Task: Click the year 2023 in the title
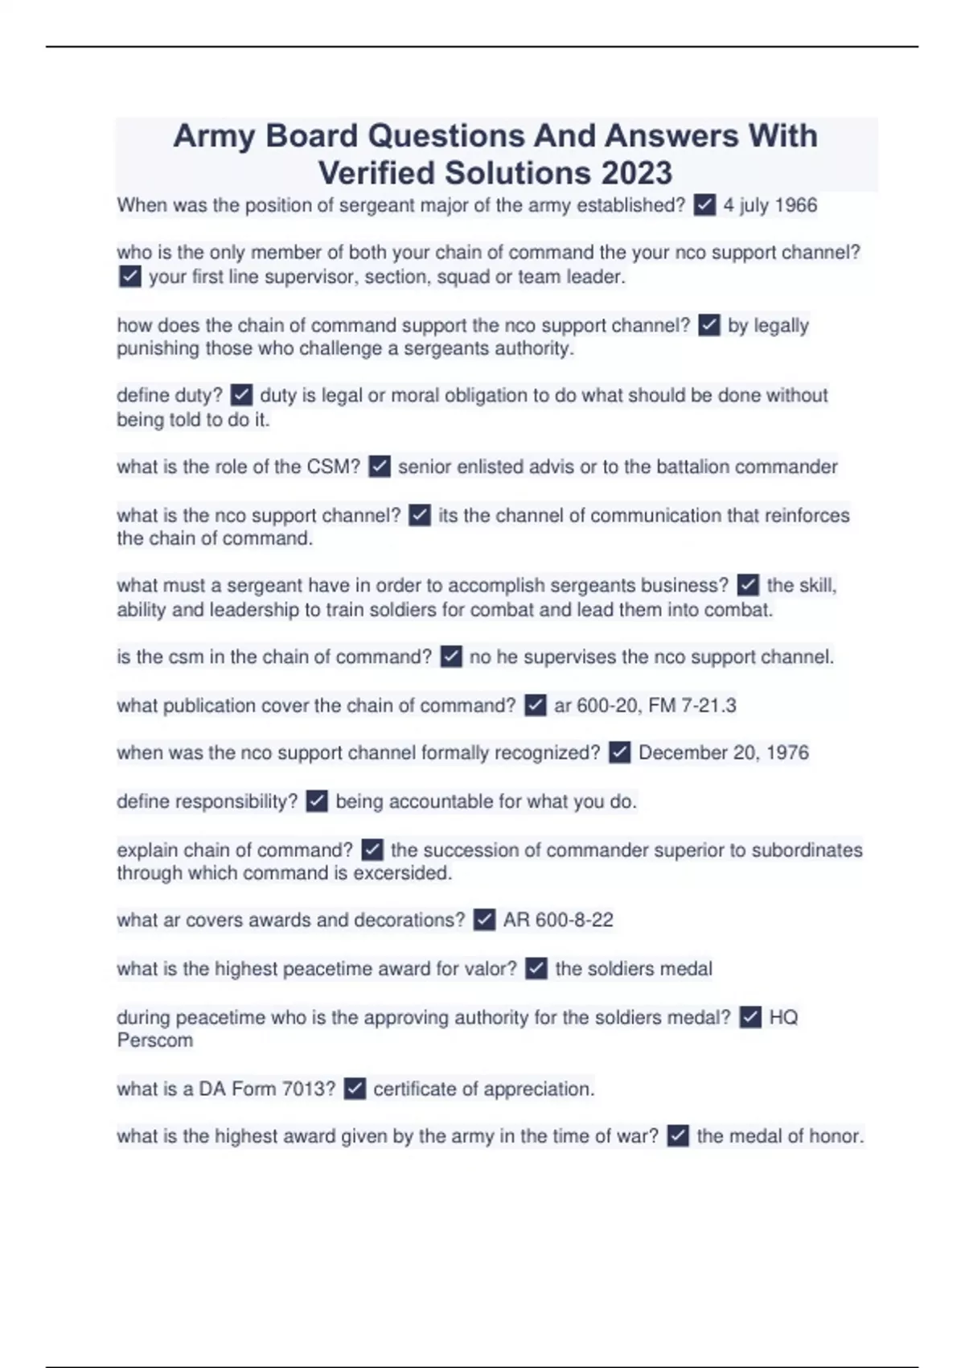[x=635, y=173]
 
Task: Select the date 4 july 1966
[x=770, y=205]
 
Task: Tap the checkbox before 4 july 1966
[x=704, y=205]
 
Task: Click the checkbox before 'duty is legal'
[x=241, y=395]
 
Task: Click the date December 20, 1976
[x=723, y=752]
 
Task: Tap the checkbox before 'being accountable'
[x=317, y=801]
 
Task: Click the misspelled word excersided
[x=402, y=873]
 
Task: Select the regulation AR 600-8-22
[x=558, y=920]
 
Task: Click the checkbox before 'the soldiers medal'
[x=536, y=968]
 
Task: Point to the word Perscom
[x=155, y=1040]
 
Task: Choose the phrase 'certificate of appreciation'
[x=482, y=1089]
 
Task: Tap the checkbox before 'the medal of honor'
[x=678, y=1136]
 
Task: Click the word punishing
[x=158, y=348]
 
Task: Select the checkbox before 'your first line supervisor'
[x=129, y=277]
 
